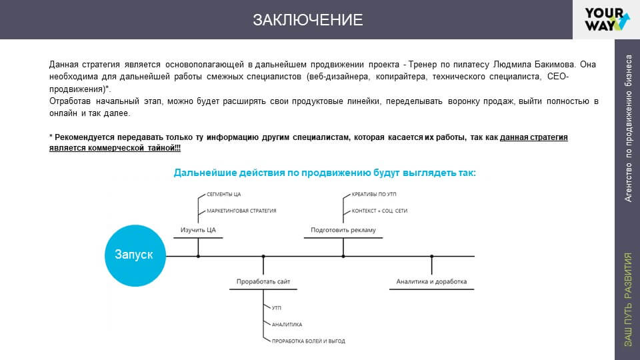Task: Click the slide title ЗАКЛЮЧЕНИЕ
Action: click(x=307, y=20)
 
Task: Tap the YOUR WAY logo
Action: click(x=605, y=19)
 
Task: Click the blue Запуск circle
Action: click(x=134, y=255)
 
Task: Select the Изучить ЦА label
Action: click(x=198, y=230)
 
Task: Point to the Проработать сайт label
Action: click(x=263, y=282)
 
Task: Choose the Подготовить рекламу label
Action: click(x=343, y=230)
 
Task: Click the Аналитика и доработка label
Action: click(x=431, y=282)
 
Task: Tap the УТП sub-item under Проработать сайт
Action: click(x=277, y=309)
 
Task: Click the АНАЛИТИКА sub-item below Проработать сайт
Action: click(x=287, y=325)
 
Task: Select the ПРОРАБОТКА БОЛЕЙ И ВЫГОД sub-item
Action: click(x=308, y=341)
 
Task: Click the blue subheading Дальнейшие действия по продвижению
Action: click(x=325, y=173)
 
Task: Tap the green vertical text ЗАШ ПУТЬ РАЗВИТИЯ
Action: click(x=627, y=299)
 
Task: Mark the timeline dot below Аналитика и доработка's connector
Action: click(x=432, y=256)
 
